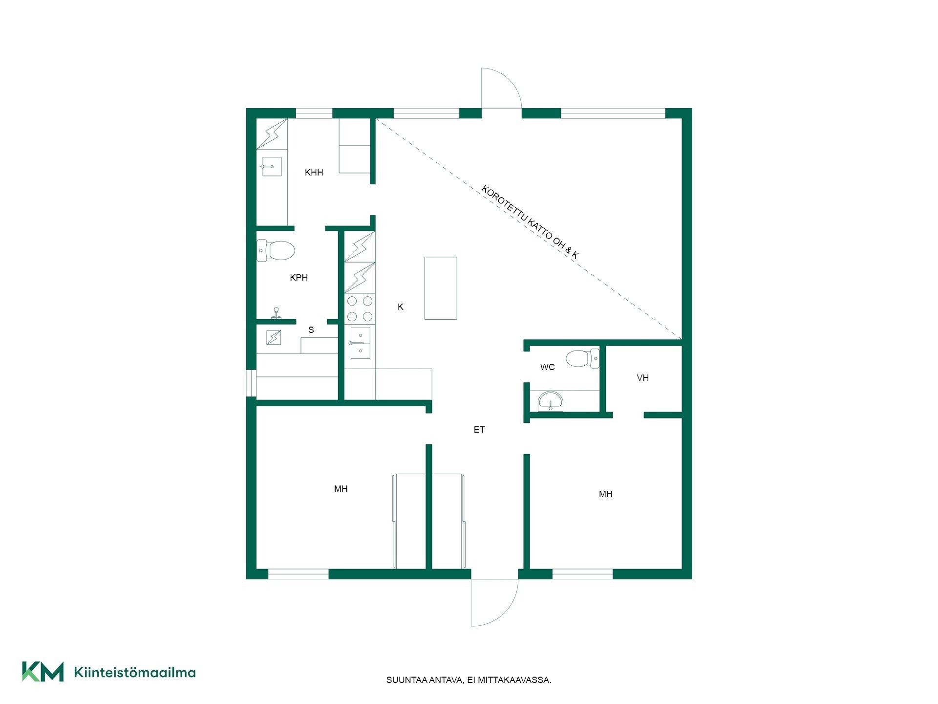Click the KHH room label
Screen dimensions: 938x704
314,172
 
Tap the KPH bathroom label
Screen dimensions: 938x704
298,277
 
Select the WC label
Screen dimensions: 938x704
547,367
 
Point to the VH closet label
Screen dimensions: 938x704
642,377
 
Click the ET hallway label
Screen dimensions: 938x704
479,429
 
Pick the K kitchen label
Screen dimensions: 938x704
401,307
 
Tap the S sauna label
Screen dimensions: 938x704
311,330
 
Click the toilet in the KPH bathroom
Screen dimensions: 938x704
276,250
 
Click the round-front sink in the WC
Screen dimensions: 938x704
551,402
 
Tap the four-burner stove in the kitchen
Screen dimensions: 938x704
360,308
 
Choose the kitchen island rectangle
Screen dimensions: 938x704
441,288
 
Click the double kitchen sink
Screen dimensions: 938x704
360,343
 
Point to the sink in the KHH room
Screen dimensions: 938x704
271,166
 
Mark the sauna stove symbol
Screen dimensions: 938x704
274,337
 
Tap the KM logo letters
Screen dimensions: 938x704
43,671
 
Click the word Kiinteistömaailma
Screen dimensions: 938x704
135,672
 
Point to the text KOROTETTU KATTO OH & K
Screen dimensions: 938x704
530,222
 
